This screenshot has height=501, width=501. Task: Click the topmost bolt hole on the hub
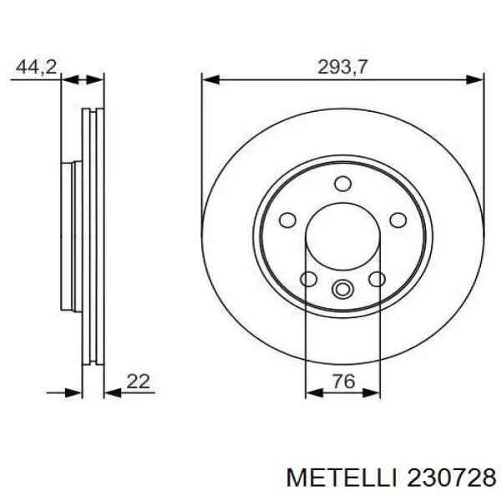(342, 185)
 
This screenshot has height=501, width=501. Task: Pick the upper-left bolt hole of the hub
(287, 220)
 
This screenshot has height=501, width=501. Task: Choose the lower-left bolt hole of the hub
(308, 279)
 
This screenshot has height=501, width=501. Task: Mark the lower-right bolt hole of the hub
(377, 279)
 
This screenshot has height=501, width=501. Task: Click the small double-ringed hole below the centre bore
(342, 290)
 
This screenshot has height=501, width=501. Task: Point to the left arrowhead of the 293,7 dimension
(208, 80)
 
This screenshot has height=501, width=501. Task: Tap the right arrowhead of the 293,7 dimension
(478, 80)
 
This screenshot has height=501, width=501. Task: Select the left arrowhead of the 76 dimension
(312, 391)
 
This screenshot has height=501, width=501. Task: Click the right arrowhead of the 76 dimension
(372, 391)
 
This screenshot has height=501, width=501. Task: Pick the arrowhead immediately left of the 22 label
(109, 391)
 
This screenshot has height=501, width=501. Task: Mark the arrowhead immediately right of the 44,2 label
(70, 80)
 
